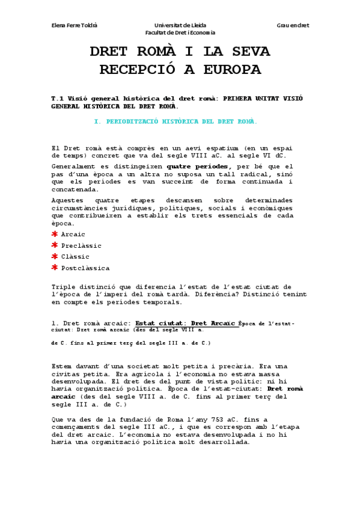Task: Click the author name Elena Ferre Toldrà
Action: tap(75, 25)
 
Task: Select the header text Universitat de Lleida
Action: tap(180, 25)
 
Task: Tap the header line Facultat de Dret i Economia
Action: tap(185, 32)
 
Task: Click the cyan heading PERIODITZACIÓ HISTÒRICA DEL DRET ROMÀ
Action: tap(181, 121)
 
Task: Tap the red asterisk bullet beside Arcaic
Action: tap(55, 233)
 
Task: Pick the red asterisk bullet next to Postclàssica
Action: tap(55, 268)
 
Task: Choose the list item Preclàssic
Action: tap(81, 245)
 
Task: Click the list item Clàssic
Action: tap(75, 257)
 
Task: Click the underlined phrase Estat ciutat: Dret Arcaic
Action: tap(185, 323)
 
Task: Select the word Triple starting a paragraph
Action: tap(64, 287)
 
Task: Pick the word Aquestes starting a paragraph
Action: tap(70, 200)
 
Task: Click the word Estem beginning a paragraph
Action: tap(62, 366)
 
